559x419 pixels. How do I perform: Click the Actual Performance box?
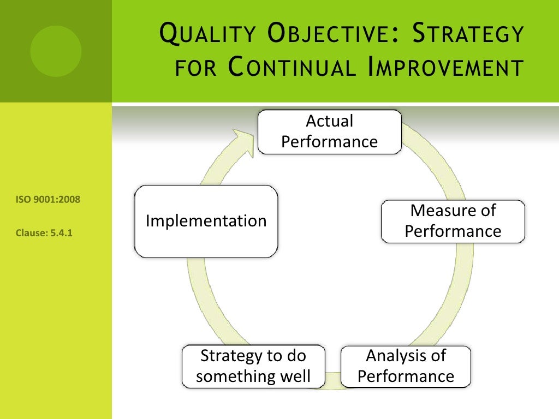[x=329, y=131]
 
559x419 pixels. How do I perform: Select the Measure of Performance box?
[x=453, y=221]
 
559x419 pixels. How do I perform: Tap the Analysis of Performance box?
[x=406, y=366]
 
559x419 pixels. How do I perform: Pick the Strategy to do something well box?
[x=253, y=366]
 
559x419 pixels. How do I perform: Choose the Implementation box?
[x=206, y=221]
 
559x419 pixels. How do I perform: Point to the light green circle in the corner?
[x=56, y=51]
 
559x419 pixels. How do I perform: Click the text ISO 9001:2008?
[x=48, y=200]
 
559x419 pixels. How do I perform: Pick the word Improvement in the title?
[x=447, y=69]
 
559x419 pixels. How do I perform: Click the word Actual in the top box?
[x=329, y=121]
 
